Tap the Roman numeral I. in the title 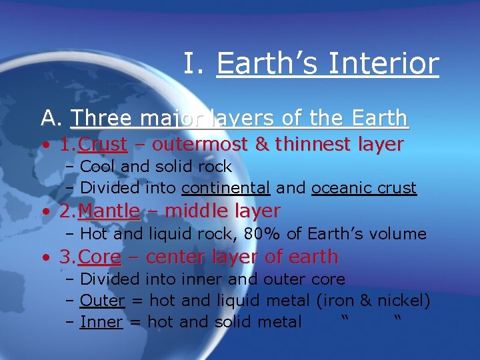coord(194,64)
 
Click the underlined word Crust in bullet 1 coord(103,144)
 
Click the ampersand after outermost coord(261,144)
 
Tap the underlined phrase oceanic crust coord(364,188)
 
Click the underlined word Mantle coord(109,211)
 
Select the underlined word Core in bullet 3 coord(100,257)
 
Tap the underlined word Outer coord(102,301)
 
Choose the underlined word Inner coord(101,322)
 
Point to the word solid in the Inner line coord(234,322)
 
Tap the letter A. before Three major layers coord(51,119)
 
